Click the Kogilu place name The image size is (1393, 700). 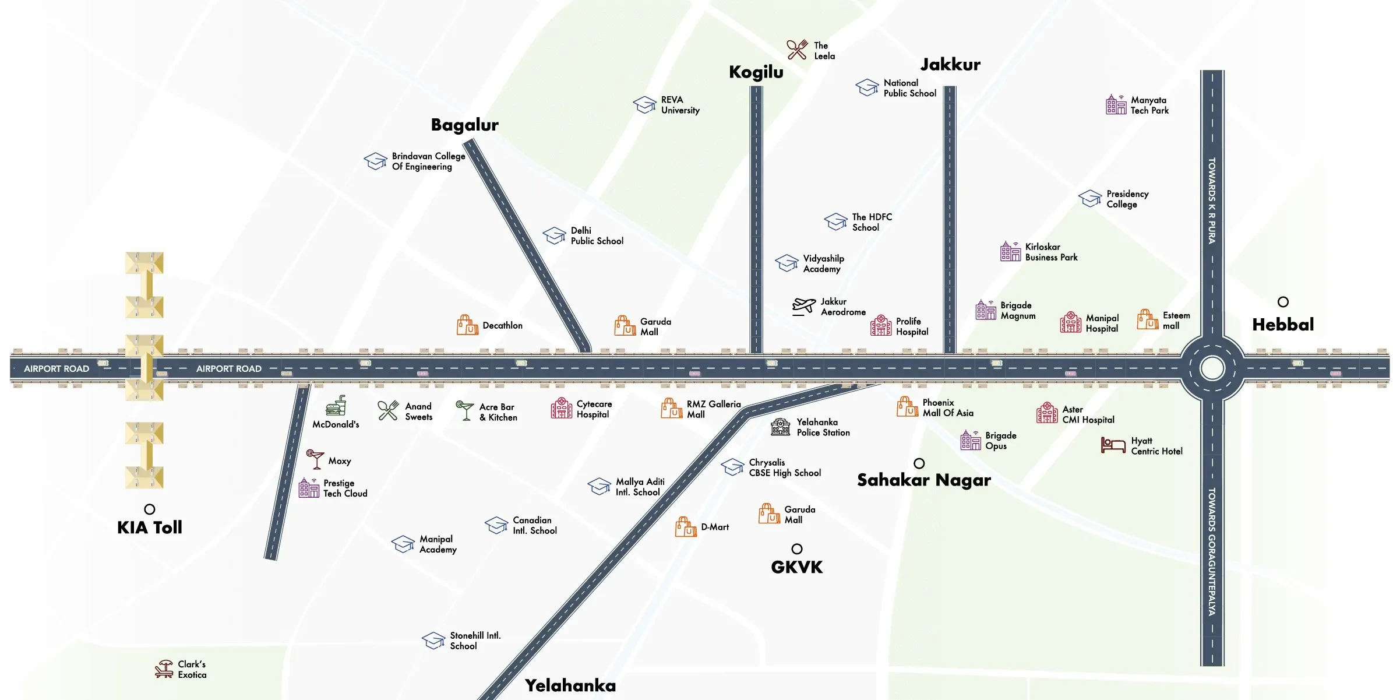[756, 72]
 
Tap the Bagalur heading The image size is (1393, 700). [464, 125]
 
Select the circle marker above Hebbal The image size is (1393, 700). [1283, 302]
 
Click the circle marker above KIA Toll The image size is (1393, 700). [150, 509]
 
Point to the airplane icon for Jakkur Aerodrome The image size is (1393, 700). [804, 306]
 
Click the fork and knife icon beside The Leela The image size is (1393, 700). [797, 50]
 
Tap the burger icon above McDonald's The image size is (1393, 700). [336, 406]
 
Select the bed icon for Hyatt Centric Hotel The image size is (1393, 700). [1113, 445]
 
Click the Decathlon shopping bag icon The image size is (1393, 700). [467, 325]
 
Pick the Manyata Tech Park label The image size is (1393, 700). [1149, 105]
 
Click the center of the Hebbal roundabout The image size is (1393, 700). [1212, 368]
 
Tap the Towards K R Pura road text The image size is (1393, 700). [1212, 200]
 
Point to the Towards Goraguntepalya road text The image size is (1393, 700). [1212, 551]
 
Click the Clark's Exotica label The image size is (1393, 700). [192, 669]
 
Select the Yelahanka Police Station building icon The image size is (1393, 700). [780, 427]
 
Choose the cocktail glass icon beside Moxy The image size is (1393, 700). [315, 459]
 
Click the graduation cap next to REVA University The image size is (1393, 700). [645, 105]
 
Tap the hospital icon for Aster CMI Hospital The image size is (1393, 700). [1047, 413]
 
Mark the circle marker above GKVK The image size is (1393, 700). [796, 549]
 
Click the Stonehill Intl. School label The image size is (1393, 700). [475, 641]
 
